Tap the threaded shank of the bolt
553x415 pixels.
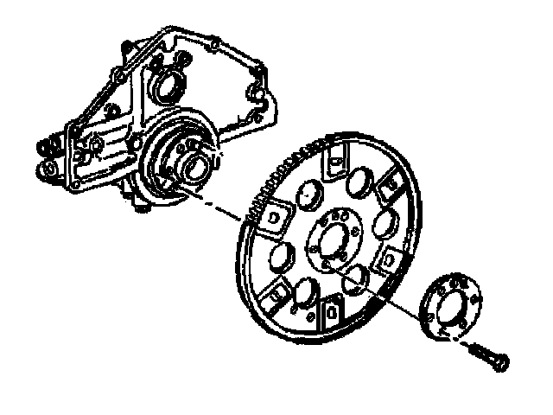click(480, 350)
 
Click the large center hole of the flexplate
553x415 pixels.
click(333, 240)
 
